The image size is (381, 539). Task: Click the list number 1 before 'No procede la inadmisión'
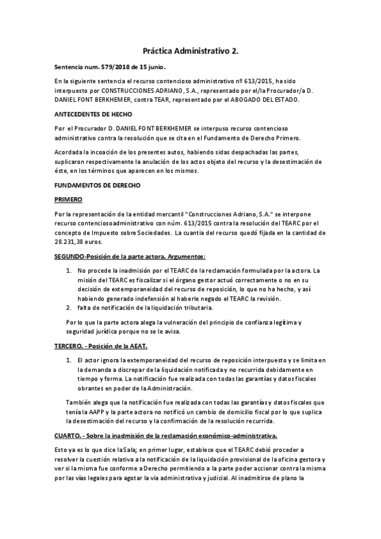69,271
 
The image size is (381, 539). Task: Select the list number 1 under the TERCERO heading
69,360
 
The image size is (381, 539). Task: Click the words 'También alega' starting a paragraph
88,401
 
